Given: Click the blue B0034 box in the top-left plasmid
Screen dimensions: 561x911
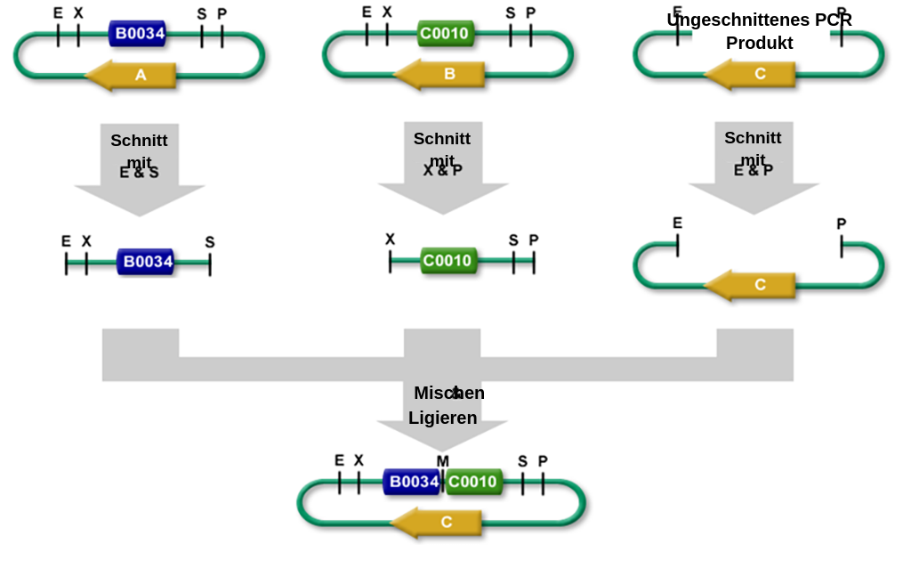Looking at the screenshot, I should (x=137, y=34).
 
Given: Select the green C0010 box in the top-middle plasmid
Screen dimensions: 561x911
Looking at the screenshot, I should (x=445, y=34).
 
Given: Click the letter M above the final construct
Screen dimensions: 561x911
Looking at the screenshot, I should (x=442, y=460).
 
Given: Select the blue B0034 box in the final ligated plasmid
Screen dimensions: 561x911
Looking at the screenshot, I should (x=412, y=482).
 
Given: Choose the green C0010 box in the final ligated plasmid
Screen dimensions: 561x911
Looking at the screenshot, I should (x=472, y=482).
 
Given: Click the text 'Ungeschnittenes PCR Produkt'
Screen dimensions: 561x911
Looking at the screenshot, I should (x=759, y=31).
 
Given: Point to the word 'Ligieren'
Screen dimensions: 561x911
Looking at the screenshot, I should (x=442, y=418).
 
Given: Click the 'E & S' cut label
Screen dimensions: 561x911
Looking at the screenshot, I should (x=139, y=173).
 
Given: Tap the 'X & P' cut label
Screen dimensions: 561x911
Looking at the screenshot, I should (x=442, y=170).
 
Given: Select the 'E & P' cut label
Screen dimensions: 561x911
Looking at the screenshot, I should (x=753, y=170).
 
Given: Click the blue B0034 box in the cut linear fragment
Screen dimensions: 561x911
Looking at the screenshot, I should (x=146, y=262).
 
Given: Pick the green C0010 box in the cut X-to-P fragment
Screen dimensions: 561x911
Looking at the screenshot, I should (x=448, y=260).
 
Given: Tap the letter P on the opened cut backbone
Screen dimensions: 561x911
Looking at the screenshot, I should (x=841, y=224).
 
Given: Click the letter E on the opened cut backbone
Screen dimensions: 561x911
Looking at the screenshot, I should (x=677, y=223).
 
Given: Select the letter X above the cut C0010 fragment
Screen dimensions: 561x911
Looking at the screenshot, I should (x=390, y=239).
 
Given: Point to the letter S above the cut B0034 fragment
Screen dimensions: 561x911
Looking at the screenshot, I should (x=210, y=241).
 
